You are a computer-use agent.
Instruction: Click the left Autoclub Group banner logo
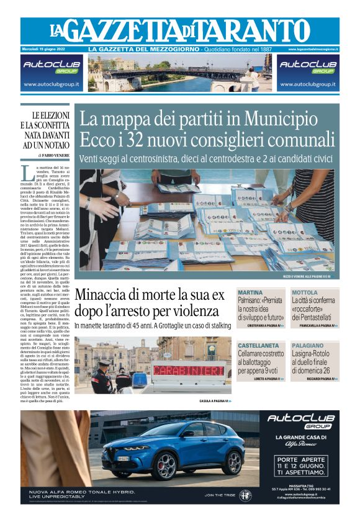tap(53, 66)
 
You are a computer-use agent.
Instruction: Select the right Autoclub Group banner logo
tap(307, 66)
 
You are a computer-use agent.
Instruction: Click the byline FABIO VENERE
tap(56, 155)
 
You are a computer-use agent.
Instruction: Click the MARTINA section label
tap(250, 292)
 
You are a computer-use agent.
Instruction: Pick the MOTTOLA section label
tap(305, 292)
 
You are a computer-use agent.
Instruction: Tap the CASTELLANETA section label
tap(257, 345)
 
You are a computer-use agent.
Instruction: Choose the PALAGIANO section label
tap(308, 345)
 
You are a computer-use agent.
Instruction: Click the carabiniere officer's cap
tap(105, 362)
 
